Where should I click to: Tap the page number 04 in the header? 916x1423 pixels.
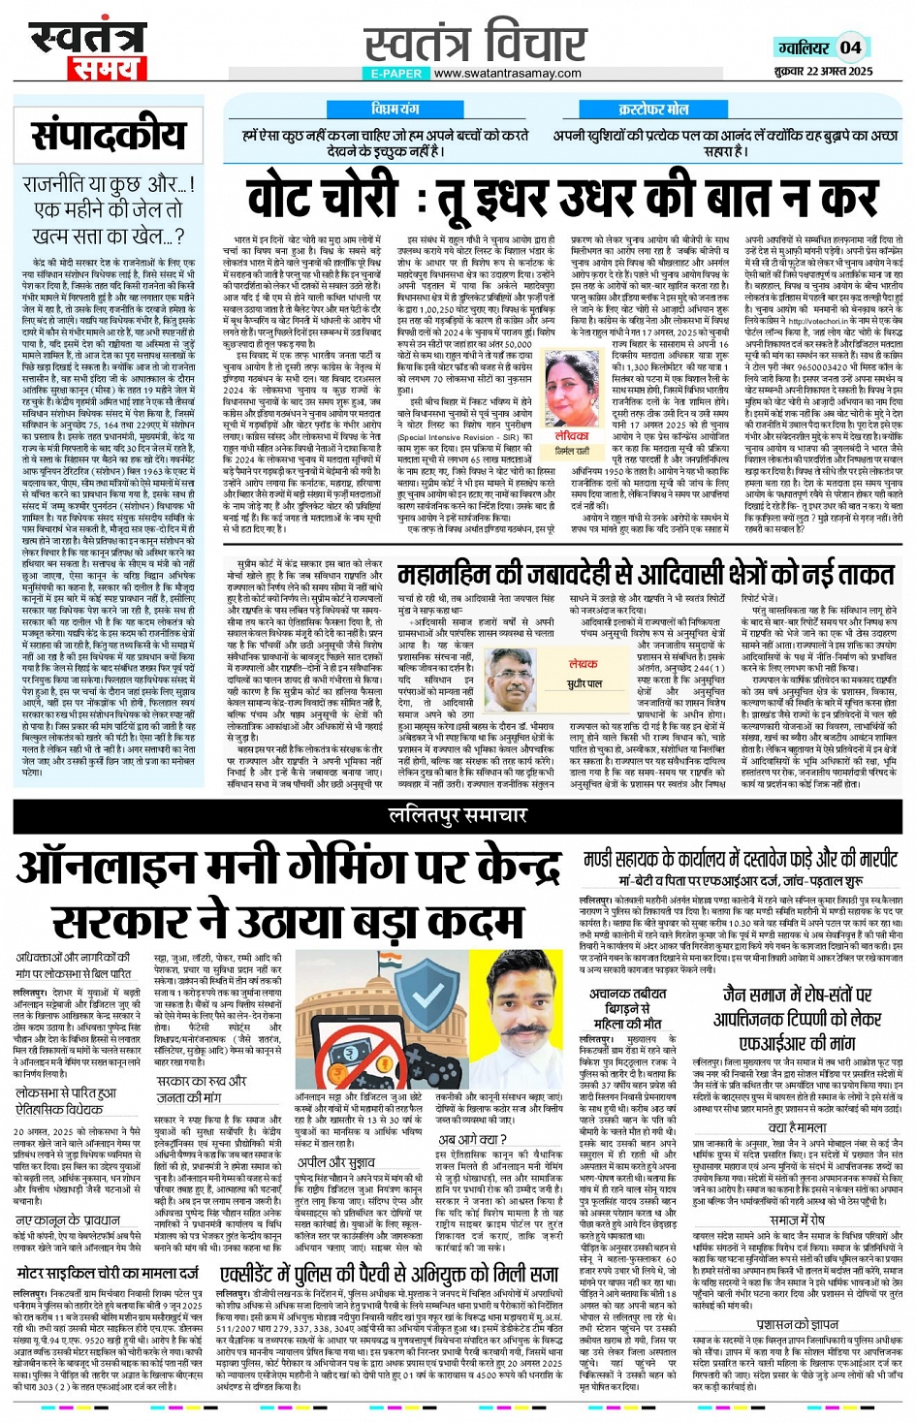pyautogui.click(x=851, y=47)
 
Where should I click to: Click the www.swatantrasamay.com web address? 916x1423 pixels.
pyautogui.click(x=508, y=73)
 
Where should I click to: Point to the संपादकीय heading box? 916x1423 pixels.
pyautogui.click(x=109, y=135)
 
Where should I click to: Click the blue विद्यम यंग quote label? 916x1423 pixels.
pyautogui.click(x=395, y=109)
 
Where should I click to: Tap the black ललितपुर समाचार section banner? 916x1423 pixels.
pyautogui.click(x=458, y=816)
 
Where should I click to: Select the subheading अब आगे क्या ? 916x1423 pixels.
pyautogui.click(x=471, y=1138)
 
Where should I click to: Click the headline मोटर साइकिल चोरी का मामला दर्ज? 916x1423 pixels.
pyautogui.click(x=108, y=1272)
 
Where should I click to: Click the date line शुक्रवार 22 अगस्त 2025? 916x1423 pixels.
pyautogui.click(x=824, y=71)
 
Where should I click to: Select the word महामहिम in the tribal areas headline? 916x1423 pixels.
pyautogui.click(x=448, y=575)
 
